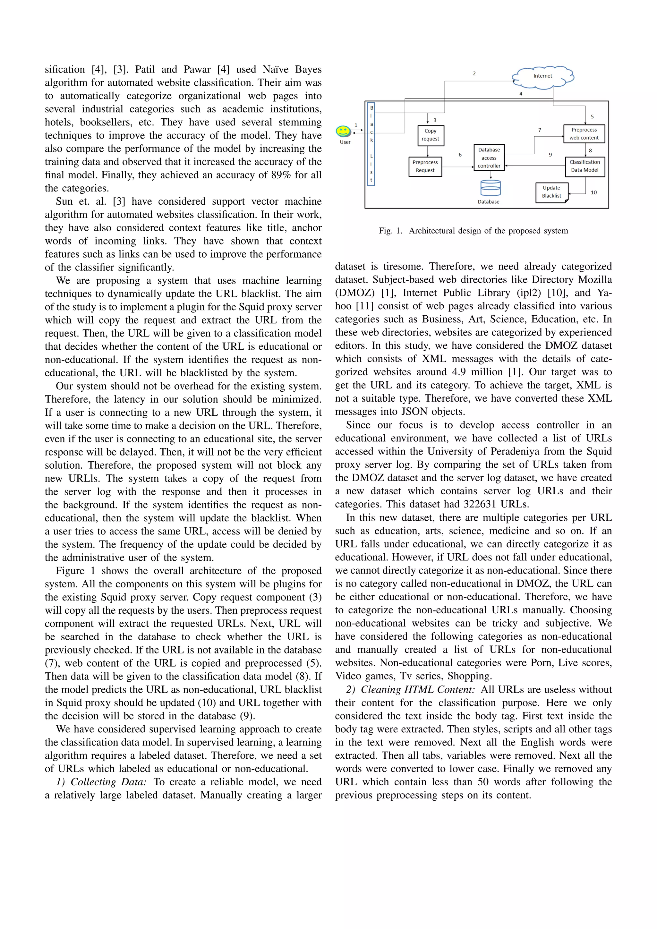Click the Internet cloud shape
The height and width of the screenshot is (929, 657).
point(542,76)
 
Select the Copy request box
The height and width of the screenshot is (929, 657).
point(431,135)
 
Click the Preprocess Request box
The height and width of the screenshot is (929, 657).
point(425,166)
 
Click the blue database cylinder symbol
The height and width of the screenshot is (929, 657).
point(490,188)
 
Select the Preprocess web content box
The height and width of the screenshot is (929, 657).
point(584,134)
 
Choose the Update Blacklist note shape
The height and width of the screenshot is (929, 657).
point(551,192)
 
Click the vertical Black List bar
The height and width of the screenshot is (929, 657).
point(371,144)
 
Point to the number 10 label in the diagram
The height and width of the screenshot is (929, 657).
point(593,192)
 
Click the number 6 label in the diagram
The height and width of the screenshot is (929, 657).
point(460,155)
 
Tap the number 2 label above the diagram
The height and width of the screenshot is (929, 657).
point(474,74)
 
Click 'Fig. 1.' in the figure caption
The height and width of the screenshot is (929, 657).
point(390,231)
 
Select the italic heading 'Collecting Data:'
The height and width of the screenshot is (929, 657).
point(108,782)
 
